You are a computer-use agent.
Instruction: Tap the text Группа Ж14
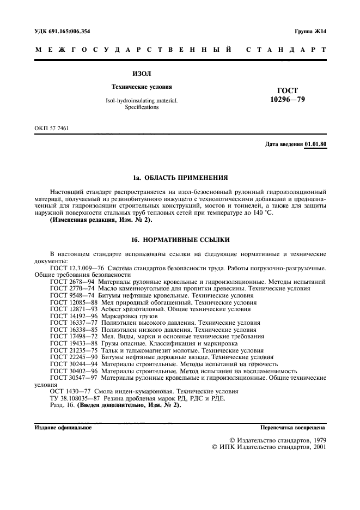coord(310,32)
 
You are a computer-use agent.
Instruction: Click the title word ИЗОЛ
coord(142,72)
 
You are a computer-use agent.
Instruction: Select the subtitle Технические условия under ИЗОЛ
coord(142,87)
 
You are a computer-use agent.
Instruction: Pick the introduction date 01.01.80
coord(315,144)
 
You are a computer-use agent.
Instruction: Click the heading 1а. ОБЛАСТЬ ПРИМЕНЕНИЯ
coord(180,178)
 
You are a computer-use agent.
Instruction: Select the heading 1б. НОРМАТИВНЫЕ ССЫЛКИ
coord(180,240)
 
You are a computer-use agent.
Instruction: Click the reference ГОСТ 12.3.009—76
coord(77,268)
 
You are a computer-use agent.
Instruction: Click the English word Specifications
coord(142,108)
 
